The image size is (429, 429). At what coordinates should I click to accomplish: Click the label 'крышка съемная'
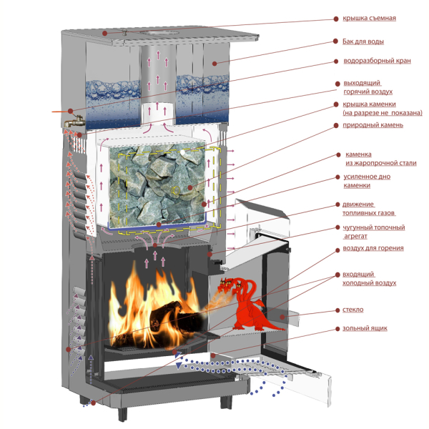(x=369, y=19)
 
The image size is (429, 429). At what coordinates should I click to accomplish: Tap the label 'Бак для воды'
(x=363, y=41)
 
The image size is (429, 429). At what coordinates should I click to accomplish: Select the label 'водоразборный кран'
(x=377, y=61)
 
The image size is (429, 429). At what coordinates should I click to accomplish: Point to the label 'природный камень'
(x=373, y=125)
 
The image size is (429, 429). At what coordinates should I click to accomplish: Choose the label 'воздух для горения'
(x=373, y=248)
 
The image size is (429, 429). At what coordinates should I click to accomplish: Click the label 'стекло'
(x=353, y=310)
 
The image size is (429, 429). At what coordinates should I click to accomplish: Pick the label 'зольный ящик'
(x=365, y=328)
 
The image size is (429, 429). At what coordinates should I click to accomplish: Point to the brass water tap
(x=74, y=122)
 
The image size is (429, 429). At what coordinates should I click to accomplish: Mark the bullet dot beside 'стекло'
(x=337, y=310)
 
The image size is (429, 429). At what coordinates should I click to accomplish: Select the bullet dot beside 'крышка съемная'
(x=336, y=19)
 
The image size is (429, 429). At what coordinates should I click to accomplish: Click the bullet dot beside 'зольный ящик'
(x=337, y=329)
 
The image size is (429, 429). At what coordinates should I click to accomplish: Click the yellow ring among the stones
(x=175, y=190)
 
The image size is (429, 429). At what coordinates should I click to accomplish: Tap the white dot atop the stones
(x=183, y=152)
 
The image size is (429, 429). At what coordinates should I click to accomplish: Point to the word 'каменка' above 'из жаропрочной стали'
(x=358, y=154)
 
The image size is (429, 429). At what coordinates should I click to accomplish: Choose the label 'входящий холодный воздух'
(x=370, y=279)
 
